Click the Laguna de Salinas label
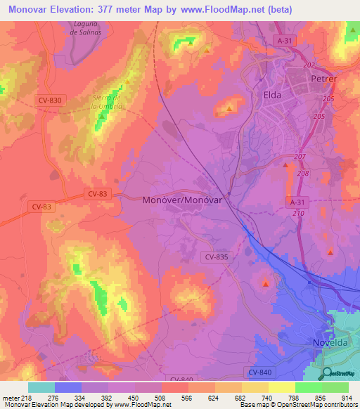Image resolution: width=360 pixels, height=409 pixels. tap(88, 27)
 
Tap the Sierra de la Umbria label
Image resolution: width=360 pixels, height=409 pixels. tap(108, 101)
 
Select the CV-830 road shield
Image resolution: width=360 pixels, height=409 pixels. tap(49, 100)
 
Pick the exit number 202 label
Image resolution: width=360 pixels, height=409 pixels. tap(309, 65)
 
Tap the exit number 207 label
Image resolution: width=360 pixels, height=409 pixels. tap(301, 156)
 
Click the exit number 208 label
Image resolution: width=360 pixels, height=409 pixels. tap(303, 173)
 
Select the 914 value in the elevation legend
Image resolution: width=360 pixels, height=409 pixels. tap(347, 398)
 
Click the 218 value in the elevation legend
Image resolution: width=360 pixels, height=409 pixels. tap(27, 398)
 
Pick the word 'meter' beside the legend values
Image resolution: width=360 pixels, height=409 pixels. tap(10, 398)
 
